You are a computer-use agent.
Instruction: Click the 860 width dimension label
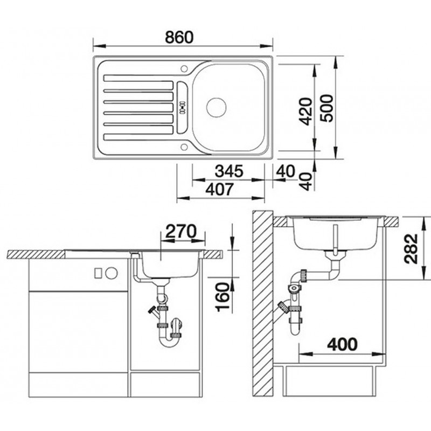[x=179, y=38]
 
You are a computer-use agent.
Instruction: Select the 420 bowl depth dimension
[x=306, y=111]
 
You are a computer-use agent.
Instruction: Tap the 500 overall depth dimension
[x=326, y=108]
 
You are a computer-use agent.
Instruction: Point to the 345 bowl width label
[x=229, y=171]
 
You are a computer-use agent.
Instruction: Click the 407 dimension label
[x=220, y=189]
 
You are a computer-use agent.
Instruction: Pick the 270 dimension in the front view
[x=182, y=231]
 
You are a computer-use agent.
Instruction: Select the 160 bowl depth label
[x=223, y=297]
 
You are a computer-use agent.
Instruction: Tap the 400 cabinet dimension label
[x=343, y=344]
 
